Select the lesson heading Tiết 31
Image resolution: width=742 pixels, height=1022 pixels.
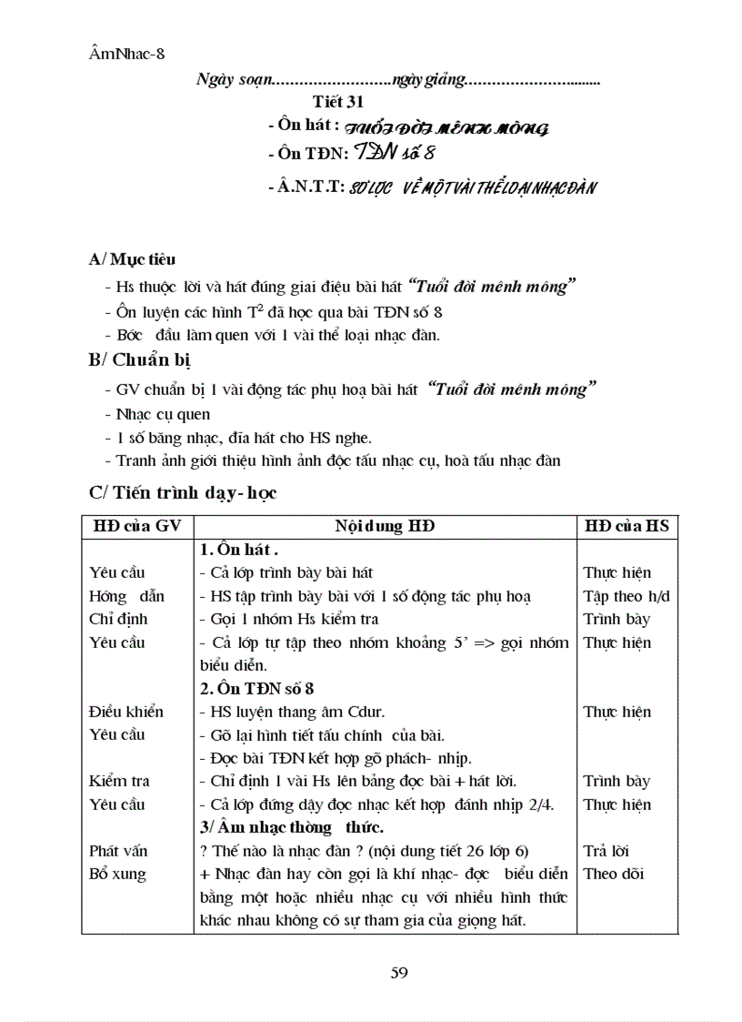338,102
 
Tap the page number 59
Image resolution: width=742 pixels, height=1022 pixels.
398,972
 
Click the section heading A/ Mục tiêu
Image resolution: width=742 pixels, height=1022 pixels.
132,259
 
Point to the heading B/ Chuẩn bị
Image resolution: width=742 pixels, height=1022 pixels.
139,359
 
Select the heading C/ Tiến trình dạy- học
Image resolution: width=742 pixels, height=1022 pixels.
183,492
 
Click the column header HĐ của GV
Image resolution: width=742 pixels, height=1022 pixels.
136,526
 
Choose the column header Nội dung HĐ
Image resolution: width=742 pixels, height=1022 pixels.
385,526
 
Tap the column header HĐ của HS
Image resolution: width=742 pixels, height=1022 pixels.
627,526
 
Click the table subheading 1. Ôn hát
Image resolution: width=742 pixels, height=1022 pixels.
238,550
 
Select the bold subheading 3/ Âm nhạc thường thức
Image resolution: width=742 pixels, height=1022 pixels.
291,827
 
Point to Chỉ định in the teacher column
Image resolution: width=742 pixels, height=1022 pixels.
118,619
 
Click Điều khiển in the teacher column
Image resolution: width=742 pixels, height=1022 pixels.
125,712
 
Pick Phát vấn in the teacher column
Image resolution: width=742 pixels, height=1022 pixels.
118,851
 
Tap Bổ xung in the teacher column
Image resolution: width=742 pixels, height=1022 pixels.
117,874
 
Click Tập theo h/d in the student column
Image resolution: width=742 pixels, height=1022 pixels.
627,596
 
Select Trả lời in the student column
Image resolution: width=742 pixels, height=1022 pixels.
606,851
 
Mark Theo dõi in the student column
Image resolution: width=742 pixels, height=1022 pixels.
614,874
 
